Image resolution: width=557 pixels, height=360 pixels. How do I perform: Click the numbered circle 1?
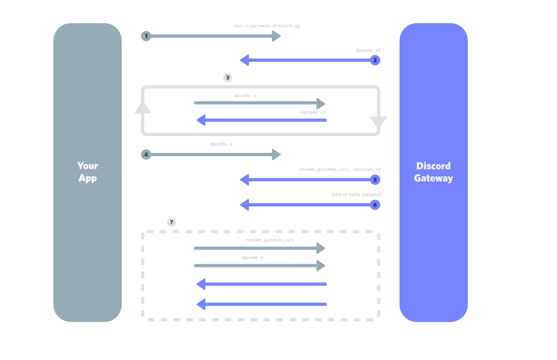[x=146, y=36]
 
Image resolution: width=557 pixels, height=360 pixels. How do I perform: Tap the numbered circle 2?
[x=375, y=60]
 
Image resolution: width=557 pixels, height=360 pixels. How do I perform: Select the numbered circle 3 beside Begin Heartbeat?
[x=228, y=78]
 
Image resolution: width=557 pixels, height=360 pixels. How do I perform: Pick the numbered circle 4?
[x=146, y=154]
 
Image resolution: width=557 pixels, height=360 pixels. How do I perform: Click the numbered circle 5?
[x=375, y=180]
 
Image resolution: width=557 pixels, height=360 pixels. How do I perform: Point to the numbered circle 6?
[x=375, y=205]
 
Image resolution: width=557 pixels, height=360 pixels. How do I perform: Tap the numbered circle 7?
[x=171, y=222]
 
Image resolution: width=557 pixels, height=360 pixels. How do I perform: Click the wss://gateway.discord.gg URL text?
[x=267, y=26]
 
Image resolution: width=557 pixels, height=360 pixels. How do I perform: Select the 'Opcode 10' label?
[x=368, y=51]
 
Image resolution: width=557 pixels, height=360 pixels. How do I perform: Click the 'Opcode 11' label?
[x=313, y=112]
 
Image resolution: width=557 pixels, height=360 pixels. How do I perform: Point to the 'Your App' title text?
[x=88, y=172]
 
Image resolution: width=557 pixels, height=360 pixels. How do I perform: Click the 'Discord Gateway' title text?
[x=433, y=172]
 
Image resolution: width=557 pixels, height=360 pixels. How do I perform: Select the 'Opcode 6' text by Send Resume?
[x=252, y=258]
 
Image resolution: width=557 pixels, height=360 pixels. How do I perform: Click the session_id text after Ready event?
[x=366, y=169]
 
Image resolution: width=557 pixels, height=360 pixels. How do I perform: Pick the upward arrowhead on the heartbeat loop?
[x=143, y=108]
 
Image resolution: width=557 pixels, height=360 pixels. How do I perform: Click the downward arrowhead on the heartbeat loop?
[x=378, y=121]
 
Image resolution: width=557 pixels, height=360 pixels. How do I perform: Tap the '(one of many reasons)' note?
[x=356, y=195]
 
